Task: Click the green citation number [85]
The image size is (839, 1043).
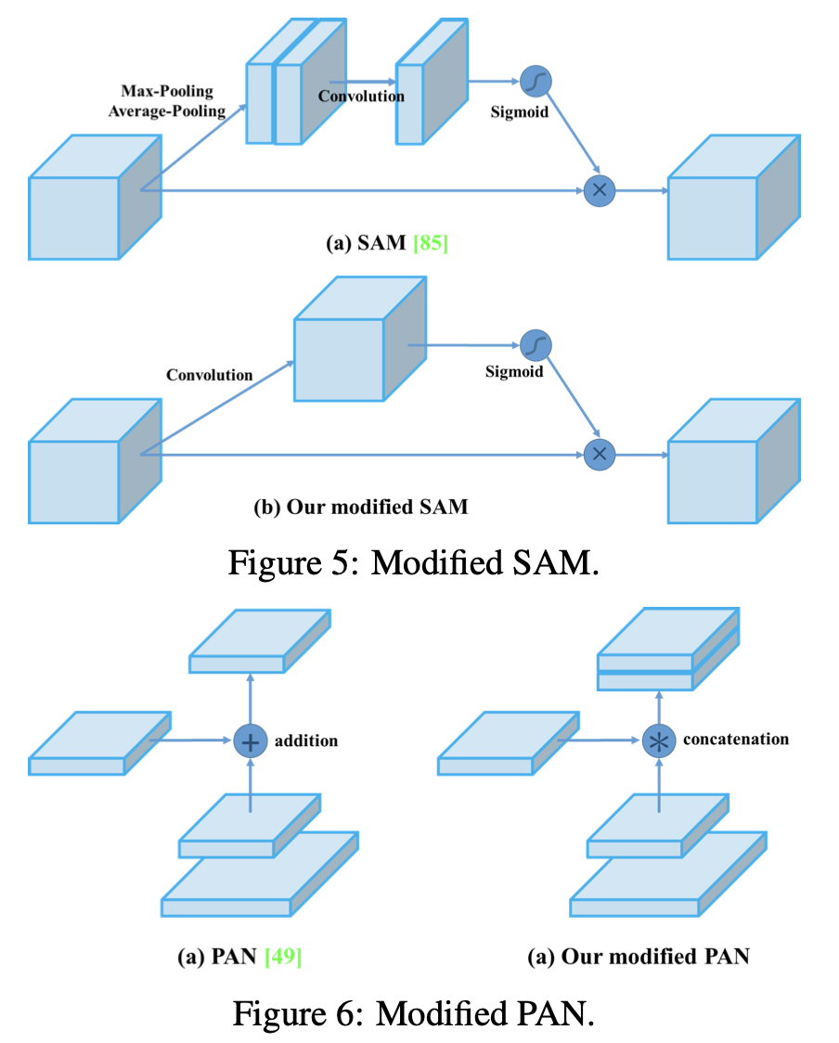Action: tap(431, 244)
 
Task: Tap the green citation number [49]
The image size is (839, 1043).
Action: tap(283, 957)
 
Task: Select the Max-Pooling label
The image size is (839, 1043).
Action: tap(167, 92)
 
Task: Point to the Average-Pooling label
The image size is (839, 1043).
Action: tap(167, 111)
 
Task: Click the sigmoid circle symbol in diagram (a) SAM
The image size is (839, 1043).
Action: tap(536, 82)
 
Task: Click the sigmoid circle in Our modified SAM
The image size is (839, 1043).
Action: tap(536, 345)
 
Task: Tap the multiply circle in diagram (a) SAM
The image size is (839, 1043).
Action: tap(600, 190)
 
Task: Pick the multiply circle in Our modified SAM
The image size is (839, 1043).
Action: tap(600, 454)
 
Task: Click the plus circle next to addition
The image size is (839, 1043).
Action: tap(250, 741)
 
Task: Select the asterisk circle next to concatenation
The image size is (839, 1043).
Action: tap(658, 741)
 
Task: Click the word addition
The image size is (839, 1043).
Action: tap(306, 741)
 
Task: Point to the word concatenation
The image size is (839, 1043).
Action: tap(736, 740)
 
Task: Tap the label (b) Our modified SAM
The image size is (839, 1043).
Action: tap(361, 508)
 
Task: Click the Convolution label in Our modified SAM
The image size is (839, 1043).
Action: tap(210, 375)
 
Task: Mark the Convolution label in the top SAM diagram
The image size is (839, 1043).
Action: tap(361, 96)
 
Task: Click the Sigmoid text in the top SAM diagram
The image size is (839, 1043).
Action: tap(520, 112)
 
